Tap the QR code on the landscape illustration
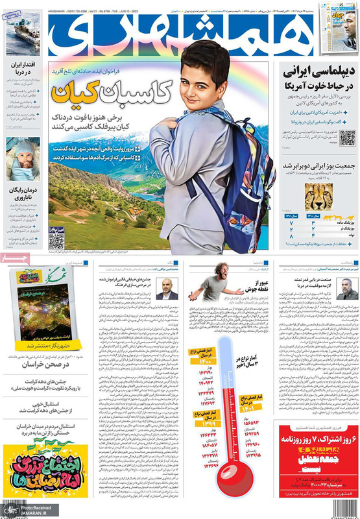56,239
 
